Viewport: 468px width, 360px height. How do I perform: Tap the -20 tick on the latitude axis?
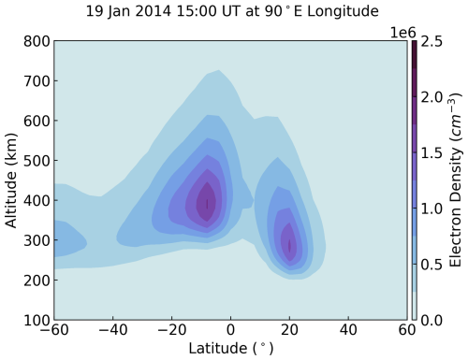click(x=169, y=332)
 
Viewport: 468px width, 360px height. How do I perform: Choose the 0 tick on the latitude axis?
click(x=231, y=332)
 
